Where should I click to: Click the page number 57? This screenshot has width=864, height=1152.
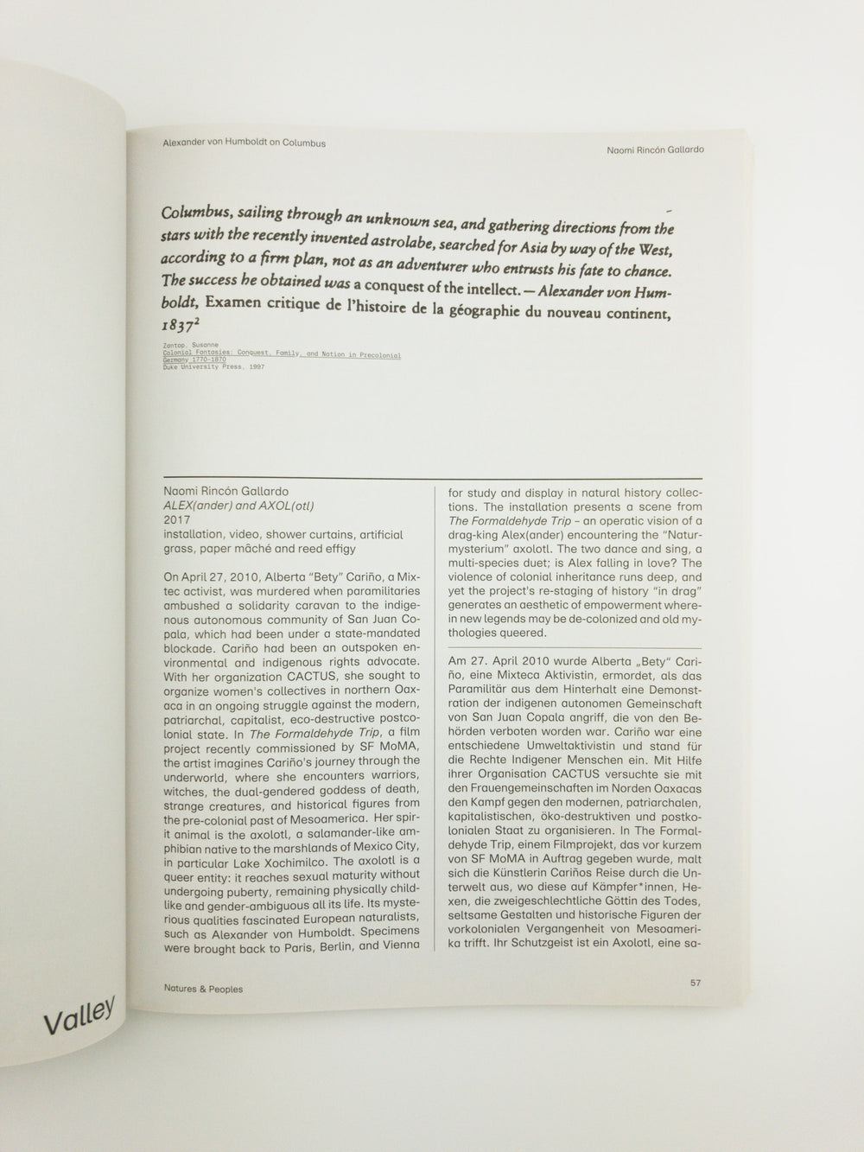696,983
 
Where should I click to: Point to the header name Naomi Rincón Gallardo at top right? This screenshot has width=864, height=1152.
656,149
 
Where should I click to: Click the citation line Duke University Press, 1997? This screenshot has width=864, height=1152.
213,366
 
